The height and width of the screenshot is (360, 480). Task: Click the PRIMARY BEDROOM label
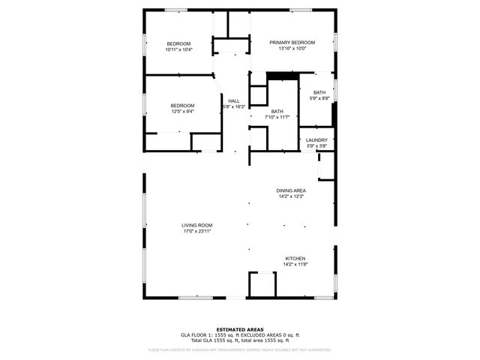tap(292, 42)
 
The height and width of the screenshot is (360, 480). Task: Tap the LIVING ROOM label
tap(197, 225)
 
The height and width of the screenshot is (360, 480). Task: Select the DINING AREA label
tap(292, 190)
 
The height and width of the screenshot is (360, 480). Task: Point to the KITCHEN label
tap(295, 259)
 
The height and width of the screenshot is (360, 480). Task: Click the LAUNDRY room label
tap(316, 139)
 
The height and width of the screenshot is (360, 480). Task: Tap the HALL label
tap(234, 101)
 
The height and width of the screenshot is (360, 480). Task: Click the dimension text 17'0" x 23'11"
tap(197, 231)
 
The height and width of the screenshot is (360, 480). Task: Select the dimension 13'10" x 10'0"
tap(292, 49)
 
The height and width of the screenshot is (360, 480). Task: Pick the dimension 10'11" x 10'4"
tap(178, 49)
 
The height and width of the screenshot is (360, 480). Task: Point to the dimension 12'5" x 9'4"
tap(182, 112)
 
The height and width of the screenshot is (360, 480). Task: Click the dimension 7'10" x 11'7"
tap(277, 117)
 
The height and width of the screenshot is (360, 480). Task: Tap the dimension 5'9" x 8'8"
tap(319, 98)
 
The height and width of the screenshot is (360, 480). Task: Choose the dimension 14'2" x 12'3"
tap(292, 196)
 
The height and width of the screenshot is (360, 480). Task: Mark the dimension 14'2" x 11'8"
tap(295, 265)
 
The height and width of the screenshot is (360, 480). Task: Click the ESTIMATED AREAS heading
tap(239, 329)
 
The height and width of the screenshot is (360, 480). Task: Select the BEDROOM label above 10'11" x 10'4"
tap(178, 43)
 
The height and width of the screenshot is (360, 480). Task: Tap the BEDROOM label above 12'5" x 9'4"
tap(182, 105)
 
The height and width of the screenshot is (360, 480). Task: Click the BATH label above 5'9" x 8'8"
tap(319, 92)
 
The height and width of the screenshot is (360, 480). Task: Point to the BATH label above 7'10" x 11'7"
tap(277, 111)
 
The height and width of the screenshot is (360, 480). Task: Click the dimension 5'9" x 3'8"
tap(316, 145)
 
